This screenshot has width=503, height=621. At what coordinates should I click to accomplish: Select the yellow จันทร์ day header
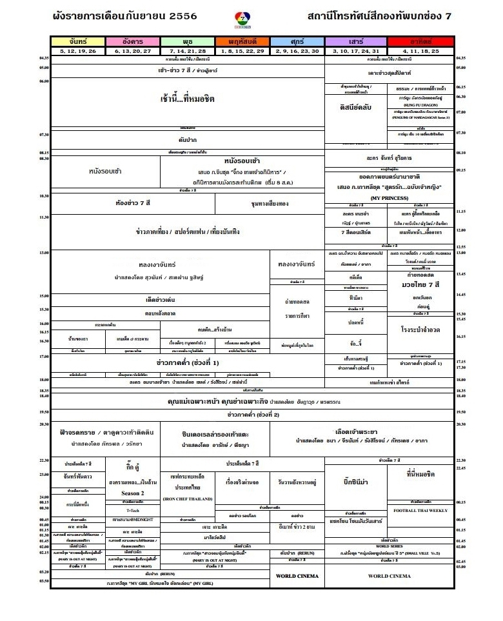tap(78, 41)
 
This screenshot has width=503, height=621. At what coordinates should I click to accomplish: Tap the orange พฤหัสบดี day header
tap(242, 41)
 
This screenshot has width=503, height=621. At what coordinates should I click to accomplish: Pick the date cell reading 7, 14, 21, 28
tap(188, 50)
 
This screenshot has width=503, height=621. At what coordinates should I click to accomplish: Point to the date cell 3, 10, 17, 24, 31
tap(352, 50)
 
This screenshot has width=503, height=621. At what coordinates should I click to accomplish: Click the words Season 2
tap(132, 493)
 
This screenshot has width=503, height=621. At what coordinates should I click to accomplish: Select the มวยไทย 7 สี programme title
tap(420, 284)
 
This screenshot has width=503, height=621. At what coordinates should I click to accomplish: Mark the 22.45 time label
tap(460, 468)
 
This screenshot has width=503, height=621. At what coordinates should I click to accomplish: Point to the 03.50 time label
tap(44, 581)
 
